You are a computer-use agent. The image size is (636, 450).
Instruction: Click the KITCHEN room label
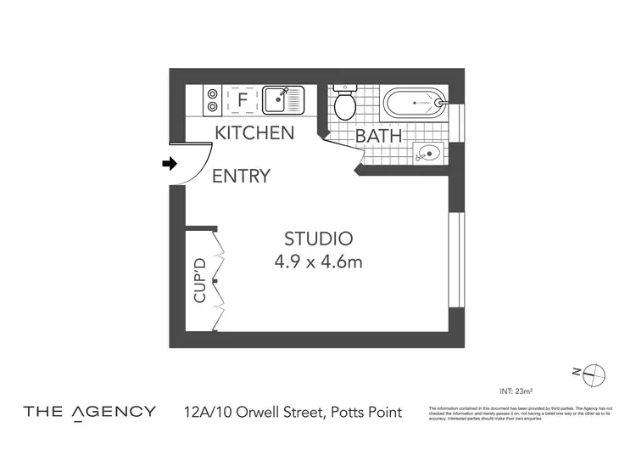point(254,133)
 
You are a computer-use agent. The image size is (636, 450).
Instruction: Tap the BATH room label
point(377,136)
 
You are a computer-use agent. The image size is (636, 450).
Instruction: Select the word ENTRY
point(241,177)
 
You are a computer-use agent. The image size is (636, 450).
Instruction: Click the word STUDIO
point(318,239)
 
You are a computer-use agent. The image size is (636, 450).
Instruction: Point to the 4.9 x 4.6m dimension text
point(318,262)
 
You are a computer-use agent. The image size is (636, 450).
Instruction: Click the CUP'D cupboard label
point(200,280)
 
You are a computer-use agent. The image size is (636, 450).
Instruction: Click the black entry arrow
point(170,163)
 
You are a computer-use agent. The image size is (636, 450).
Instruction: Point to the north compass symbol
point(594,373)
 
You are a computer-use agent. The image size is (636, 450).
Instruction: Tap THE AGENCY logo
point(89,413)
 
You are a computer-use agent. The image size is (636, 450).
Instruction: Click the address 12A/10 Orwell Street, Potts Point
point(293,413)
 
